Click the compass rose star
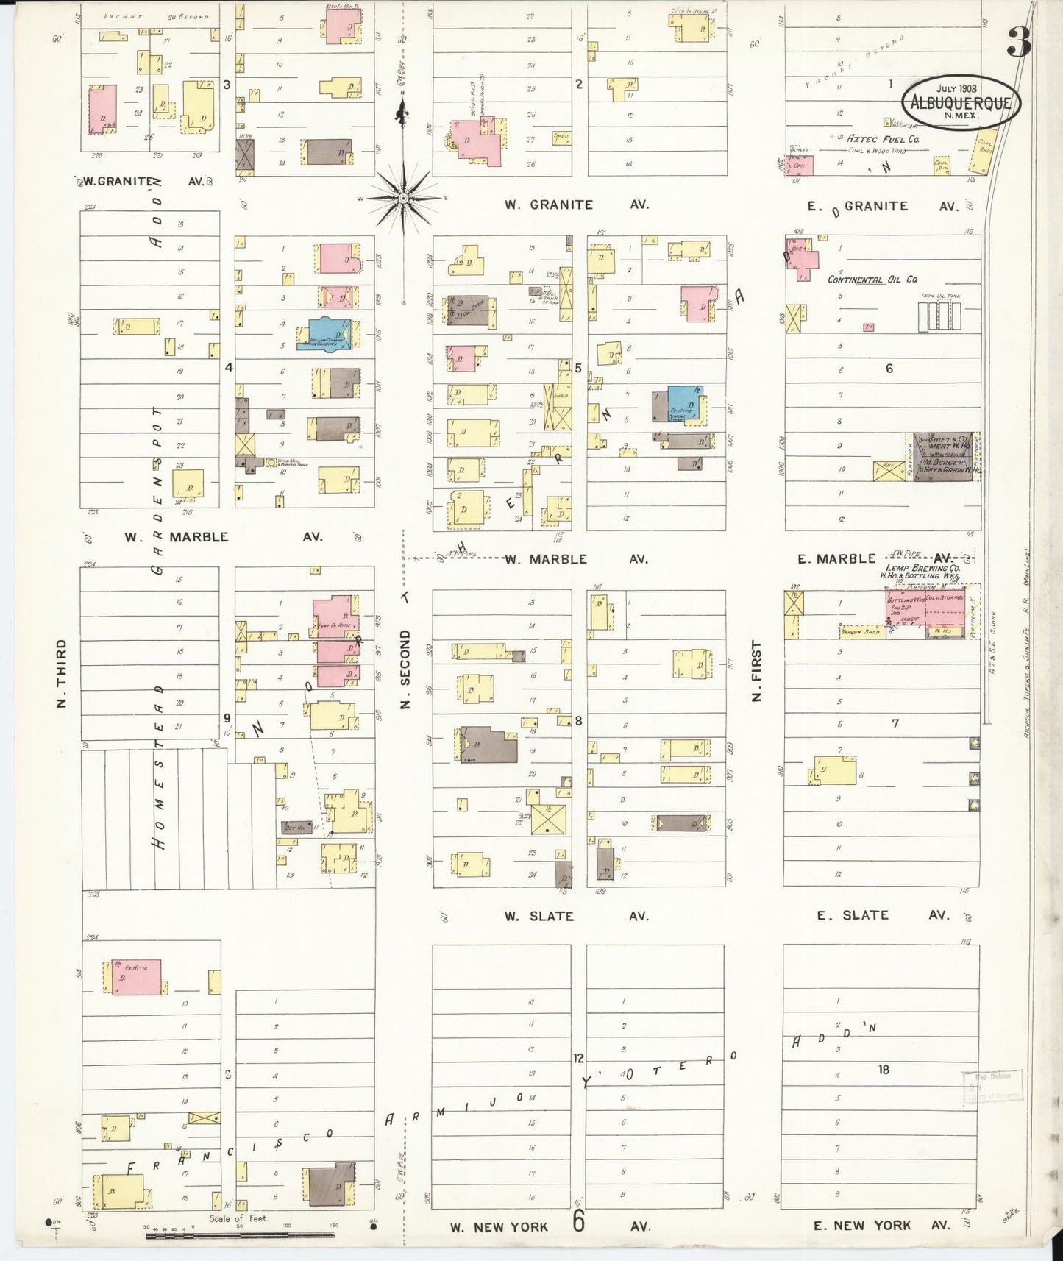pos(403,199)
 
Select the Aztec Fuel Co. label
pos(882,138)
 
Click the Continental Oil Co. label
pos(872,280)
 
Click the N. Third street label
pos(62,673)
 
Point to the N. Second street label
pos(405,669)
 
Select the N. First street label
pos(756,670)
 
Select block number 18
pos(884,1069)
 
